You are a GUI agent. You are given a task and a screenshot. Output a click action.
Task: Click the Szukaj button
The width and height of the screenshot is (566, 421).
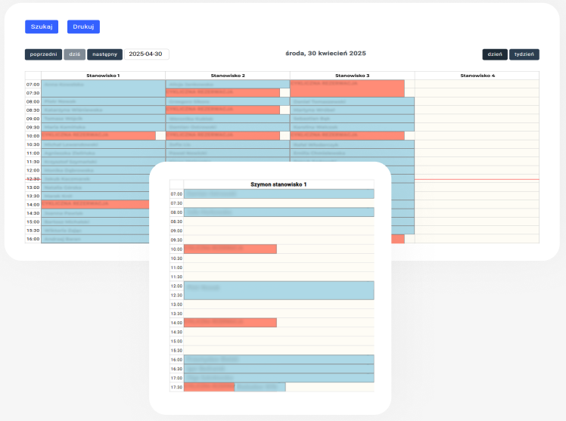tap(42, 26)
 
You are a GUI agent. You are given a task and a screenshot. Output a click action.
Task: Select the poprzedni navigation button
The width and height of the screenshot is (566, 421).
tap(43, 54)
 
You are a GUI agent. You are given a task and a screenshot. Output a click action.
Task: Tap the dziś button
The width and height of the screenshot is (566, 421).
tap(75, 54)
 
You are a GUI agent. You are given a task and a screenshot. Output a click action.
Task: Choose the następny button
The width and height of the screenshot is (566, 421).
tap(104, 54)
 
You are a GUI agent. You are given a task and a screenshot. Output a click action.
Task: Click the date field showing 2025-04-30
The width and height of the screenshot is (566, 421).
tap(146, 54)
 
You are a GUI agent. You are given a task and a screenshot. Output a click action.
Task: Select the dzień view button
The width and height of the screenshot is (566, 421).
tap(494, 54)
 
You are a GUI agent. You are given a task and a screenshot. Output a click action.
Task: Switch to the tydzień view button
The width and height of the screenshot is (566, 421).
tap(524, 54)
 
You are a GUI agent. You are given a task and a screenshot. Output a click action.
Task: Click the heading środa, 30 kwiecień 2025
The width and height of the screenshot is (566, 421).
tap(325, 54)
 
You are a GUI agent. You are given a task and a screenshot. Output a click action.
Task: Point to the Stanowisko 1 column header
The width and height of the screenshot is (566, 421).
tap(104, 76)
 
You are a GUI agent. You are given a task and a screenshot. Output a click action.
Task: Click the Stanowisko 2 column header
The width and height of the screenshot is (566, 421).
tap(228, 76)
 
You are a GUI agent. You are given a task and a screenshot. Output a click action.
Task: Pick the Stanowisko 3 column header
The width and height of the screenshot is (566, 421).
tap(353, 76)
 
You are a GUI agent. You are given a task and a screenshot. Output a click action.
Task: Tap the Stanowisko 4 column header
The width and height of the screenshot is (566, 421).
tap(477, 76)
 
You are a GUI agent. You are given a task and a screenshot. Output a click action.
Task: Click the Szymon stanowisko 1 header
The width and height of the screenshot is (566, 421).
tap(278, 184)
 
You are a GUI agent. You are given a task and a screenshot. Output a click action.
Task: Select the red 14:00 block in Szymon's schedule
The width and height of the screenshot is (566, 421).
tap(230, 323)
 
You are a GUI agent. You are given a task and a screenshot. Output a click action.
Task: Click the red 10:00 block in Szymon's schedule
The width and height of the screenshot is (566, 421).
tap(230, 249)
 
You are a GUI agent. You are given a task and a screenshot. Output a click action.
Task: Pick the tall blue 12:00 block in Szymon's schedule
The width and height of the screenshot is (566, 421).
tap(278, 290)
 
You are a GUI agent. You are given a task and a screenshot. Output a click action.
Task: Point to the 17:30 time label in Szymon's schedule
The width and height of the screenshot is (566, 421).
tap(176, 387)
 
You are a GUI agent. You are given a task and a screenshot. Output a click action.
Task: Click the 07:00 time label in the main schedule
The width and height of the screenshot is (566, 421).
tap(33, 85)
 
